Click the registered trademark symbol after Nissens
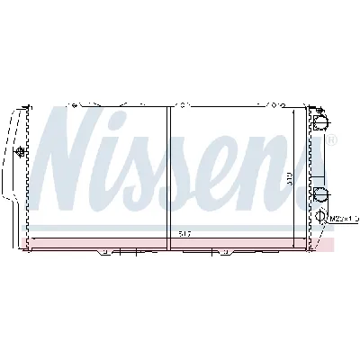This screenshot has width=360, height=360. [x=331, y=142]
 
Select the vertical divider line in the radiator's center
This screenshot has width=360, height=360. [x=168, y=171]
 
